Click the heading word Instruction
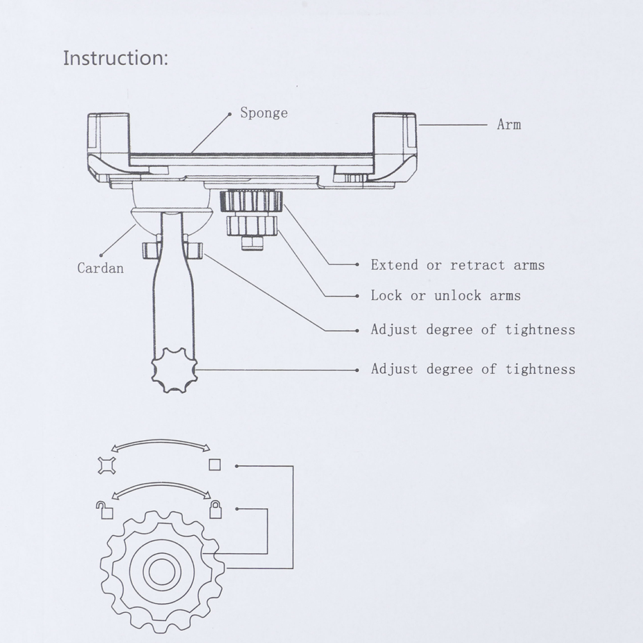tap(116, 58)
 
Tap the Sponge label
tap(264, 113)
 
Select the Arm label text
tap(509, 124)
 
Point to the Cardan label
tap(100, 268)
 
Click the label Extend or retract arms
tap(458, 264)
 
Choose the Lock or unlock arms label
tap(445, 295)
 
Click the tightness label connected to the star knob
tap(473, 369)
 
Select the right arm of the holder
tap(395, 141)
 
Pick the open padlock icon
tap(105, 510)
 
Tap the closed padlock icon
tap(216, 510)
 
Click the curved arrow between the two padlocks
tap(162, 489)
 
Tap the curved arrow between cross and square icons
tap(162, 443)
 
